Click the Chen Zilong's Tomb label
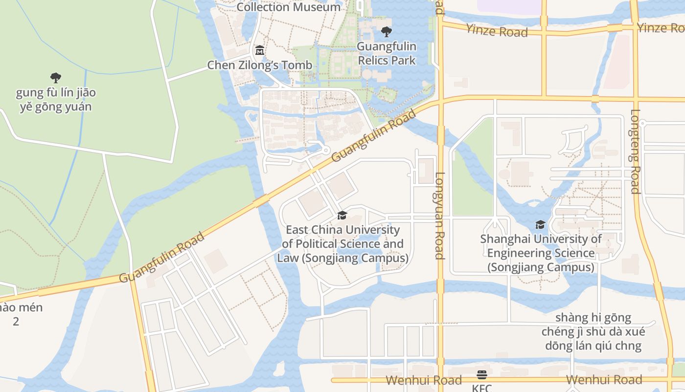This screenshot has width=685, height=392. [x=259, y=65]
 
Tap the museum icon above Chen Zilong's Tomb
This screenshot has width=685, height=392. [x=259, y=50]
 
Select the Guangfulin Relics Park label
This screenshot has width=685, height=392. [x=387, y=53]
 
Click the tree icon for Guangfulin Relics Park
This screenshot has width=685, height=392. [x=387, y=32]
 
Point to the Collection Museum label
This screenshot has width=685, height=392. [x=289, y=7]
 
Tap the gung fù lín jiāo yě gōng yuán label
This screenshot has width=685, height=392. [x=56, y=99]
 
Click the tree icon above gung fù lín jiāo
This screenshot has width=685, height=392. [x=56, y=77]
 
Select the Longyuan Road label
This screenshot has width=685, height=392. [x=439, y=216]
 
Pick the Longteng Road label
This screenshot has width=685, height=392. [x=635, y=151]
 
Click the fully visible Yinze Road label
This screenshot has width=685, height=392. [x=497, y=31]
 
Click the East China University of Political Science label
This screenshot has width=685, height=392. [x=342, y=244]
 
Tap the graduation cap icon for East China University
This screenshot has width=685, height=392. [x=342, y=216]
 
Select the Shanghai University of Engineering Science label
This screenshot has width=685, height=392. [x=541, y=253]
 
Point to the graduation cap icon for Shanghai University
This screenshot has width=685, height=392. [x=540, y=225]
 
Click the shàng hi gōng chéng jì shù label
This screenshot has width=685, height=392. [x=593, y=332]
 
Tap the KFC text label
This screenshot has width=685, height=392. [x=481, y=388]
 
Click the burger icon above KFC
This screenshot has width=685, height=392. [x=482, y=375]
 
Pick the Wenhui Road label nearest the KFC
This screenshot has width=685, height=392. [x=424, y=380]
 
